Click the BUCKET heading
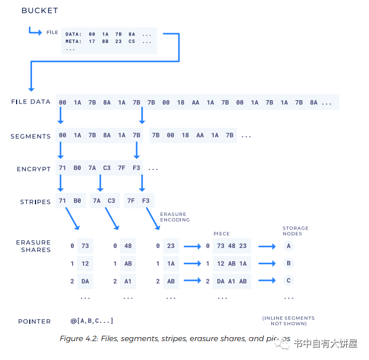(39, 10)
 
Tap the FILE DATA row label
(31, 102)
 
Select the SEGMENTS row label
(30, 136)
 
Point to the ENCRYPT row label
(33, 169)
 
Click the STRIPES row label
(35, 201)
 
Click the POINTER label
(34, 321)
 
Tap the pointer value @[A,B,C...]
(92, 321)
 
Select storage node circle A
(289, 246)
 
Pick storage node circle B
(289, 263)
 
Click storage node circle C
(289, 280)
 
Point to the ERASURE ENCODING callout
(174, 217)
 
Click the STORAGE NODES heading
(295, 231)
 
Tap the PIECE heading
(221, 234)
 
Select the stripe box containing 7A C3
(104, 201)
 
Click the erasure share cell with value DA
(85, 281)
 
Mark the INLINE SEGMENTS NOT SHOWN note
(288, 321)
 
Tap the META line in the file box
(109, 41)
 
